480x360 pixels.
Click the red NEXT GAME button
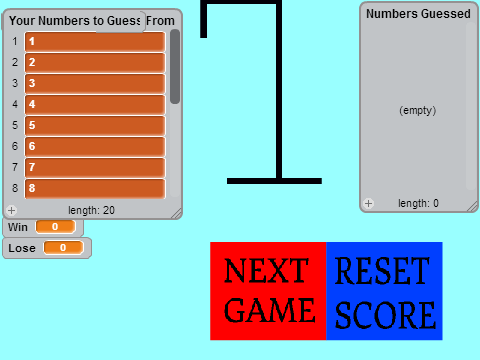(268, 291)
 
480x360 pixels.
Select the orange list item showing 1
(95, 41)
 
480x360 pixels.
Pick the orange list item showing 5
(95, 125)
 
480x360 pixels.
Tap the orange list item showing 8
(95, 189)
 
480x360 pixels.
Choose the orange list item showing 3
(95, 83)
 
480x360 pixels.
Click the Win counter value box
(55, 227)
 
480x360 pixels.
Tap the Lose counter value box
(63, 248)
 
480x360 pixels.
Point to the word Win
(18, 227)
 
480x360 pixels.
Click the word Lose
(22, 248)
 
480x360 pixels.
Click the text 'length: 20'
(91, 210)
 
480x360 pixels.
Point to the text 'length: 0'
(418, 203)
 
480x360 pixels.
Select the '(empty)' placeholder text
(418, 110)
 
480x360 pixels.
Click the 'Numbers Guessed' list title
(418, 14)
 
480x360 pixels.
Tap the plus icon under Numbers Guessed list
(368, 203)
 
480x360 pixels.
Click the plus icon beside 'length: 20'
(11, 210)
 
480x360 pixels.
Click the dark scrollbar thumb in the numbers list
(175, 67)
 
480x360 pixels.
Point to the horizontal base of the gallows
(274, 181)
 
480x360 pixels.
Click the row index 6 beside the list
(15, 146)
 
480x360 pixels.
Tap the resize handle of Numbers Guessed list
(472, 207)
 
